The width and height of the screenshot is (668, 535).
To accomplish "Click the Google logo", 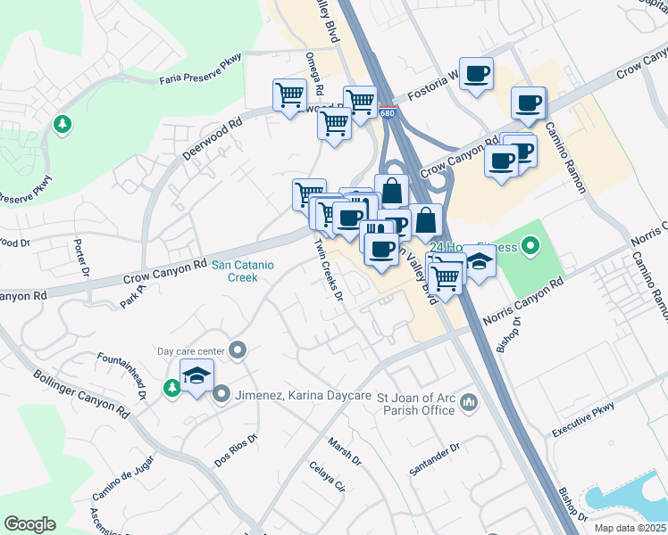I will (30, 524).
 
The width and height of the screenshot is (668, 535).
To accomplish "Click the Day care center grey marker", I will (238, 350).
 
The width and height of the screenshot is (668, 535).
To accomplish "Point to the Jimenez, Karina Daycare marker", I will (221, 393).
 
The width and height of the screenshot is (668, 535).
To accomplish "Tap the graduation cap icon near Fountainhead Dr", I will (196, 376).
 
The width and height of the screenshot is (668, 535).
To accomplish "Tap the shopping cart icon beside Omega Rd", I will (288, 95).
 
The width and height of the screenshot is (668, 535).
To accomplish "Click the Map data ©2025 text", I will (630, 528).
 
